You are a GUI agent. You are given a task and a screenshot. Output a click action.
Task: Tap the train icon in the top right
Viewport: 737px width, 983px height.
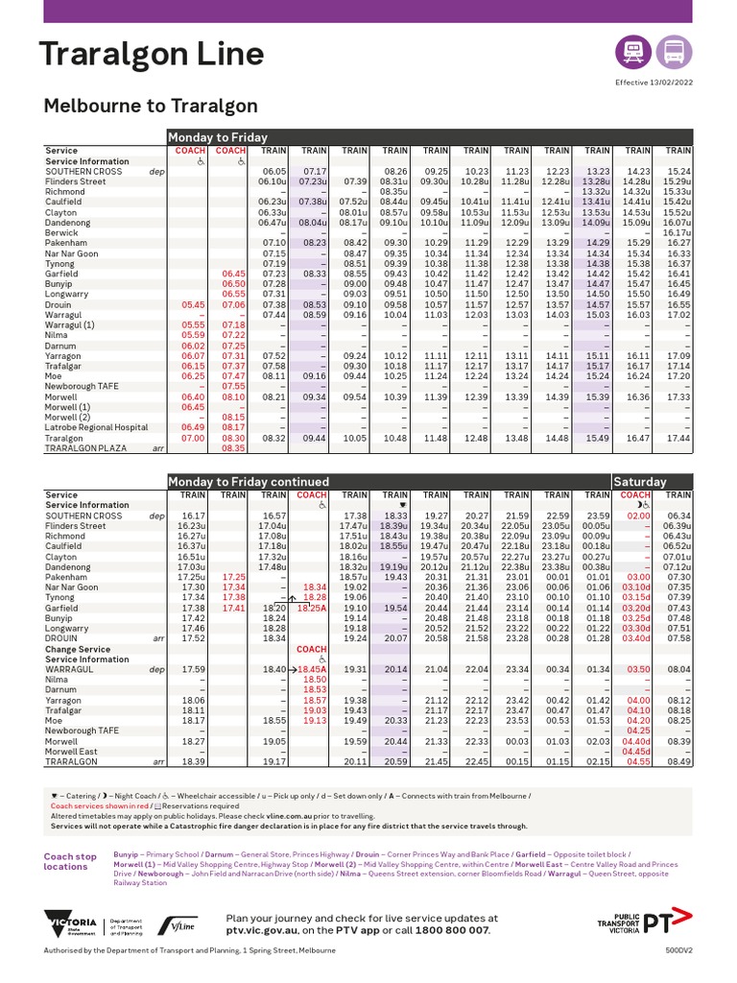click(633, 52)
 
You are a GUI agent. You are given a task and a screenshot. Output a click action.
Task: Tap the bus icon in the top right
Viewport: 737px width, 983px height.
click(674, 52)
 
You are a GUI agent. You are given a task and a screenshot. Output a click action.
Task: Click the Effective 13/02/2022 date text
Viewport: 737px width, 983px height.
click(654, 83)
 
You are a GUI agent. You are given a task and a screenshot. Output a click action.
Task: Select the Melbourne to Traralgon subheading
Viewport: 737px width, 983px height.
click(151, 106)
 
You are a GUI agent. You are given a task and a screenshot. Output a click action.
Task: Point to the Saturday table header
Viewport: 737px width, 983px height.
click(639, 481)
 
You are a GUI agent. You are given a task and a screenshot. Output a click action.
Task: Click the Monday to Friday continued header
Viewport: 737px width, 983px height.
click(250, 481)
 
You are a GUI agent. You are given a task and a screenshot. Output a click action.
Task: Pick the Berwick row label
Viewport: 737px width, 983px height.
click(62, 232)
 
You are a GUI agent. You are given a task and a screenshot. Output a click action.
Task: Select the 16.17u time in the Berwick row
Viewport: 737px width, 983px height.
click(678, 232)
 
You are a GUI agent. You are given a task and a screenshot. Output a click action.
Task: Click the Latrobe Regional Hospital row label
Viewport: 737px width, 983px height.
click(97, 427)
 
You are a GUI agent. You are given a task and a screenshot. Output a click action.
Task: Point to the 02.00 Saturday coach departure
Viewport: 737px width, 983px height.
click(638, 516)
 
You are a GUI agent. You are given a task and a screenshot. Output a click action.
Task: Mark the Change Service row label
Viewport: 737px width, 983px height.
click(79, 649)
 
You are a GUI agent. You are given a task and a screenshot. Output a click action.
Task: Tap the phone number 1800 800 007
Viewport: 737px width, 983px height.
click(451, 931)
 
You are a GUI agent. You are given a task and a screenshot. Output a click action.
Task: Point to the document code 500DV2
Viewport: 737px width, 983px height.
click(678, 951)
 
